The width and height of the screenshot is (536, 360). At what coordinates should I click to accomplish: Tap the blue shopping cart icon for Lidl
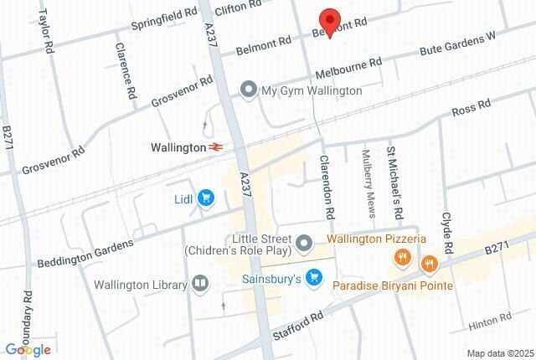point(207,198)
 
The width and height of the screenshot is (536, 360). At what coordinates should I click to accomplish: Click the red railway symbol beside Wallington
point(216,147)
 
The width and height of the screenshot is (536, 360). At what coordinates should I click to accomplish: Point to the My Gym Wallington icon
point(248,90)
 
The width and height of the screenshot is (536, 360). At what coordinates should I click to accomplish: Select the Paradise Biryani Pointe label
point(392,286)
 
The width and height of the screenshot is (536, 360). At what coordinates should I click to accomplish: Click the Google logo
point(28,349)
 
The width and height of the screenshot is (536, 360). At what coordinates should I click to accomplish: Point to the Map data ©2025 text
point(499,353)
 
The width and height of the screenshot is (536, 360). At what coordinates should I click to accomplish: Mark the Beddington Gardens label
point(85,255)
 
